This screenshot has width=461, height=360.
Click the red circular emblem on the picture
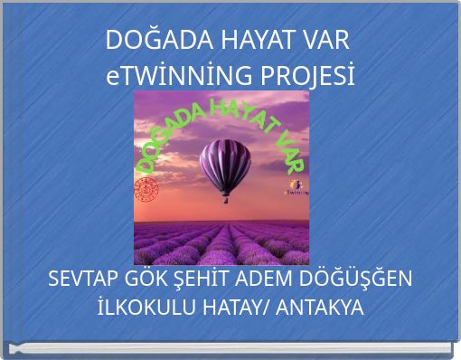(146, 190)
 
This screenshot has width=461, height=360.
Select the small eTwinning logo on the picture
(296, 187)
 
